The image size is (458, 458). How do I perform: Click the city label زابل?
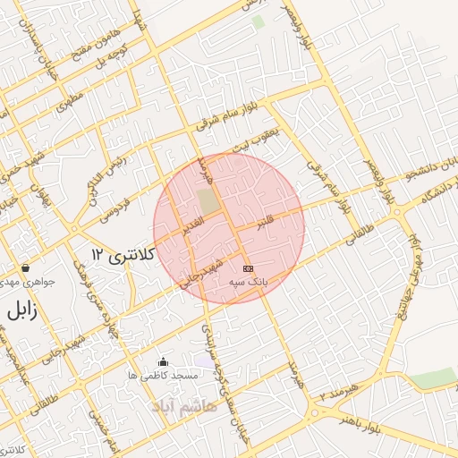coord(19,313)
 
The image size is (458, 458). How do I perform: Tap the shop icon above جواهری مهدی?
coord(25,268)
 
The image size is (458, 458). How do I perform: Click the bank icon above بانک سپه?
coord(248,268)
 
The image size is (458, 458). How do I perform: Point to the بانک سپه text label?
coord(248,282)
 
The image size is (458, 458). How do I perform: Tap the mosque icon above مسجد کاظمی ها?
coord(163,362)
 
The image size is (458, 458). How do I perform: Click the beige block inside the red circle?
coord(208,202)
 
